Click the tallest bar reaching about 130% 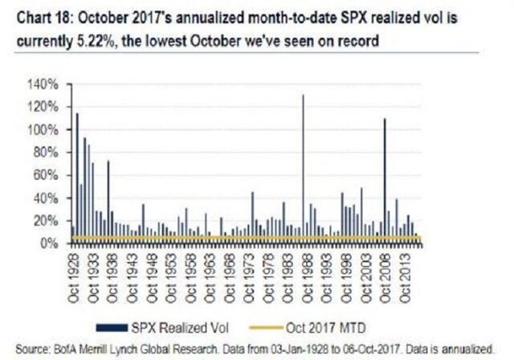303,161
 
